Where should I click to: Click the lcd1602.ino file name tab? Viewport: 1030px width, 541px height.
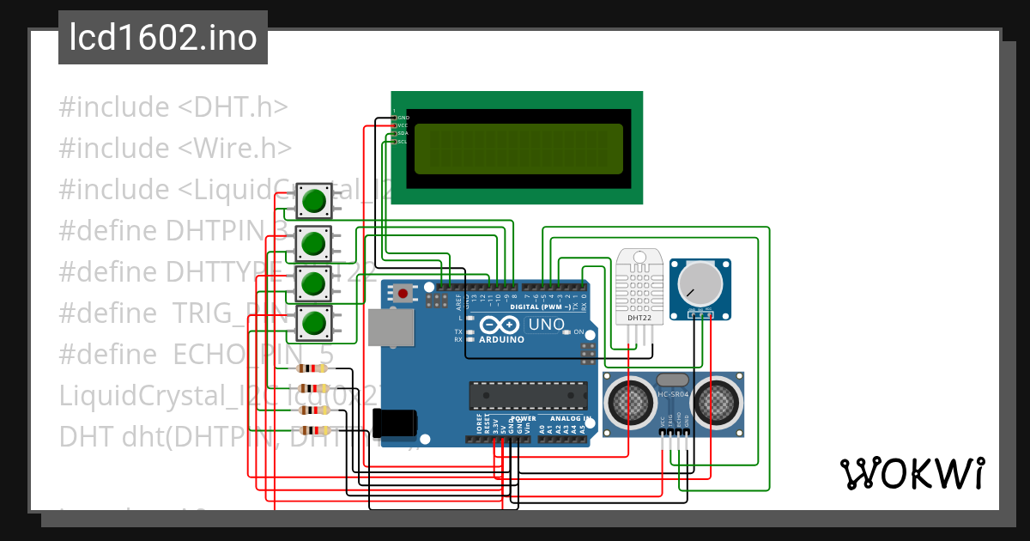162,38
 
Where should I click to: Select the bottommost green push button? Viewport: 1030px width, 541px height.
314,323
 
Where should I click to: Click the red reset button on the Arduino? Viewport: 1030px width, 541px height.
403,294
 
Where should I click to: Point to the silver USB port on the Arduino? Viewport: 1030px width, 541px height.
391,327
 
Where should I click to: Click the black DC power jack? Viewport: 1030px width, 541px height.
395,422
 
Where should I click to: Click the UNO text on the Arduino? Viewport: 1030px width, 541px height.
545,325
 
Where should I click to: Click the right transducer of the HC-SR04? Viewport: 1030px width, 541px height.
714,399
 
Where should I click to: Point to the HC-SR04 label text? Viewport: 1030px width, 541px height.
672,395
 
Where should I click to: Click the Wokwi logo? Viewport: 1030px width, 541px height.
912,473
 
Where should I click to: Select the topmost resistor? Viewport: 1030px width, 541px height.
312,368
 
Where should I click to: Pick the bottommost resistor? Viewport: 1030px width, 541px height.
312,430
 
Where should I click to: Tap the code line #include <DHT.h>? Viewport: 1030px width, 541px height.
173,107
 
